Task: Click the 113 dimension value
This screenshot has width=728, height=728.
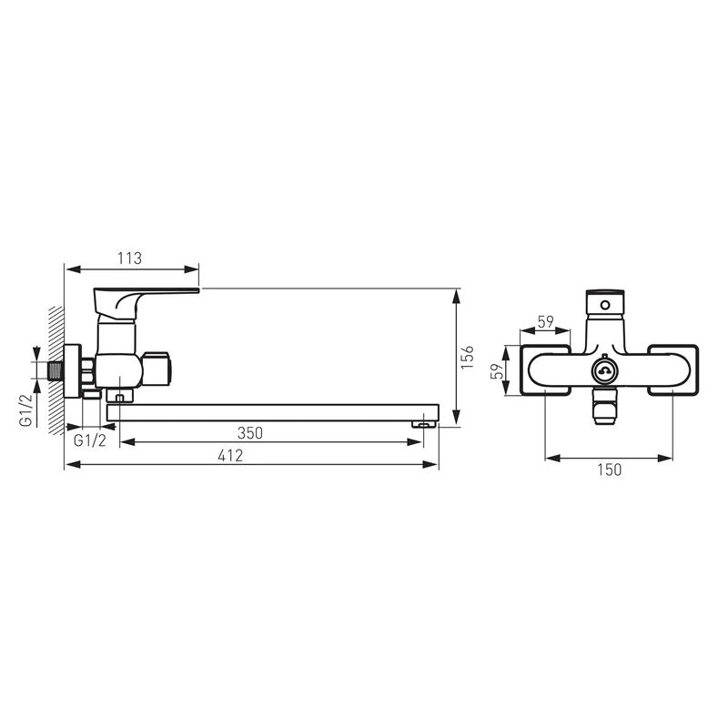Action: (129, 258)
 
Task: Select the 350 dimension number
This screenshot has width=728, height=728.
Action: (249, 433)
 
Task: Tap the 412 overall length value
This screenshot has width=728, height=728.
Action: (230, 456)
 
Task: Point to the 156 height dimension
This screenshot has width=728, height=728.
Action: (468, 357)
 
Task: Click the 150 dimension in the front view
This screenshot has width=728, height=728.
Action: (609, 470)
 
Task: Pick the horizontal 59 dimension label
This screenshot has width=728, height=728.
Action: (545, 321)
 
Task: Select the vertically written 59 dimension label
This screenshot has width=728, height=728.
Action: (497, 371)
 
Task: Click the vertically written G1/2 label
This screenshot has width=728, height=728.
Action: (25, 410)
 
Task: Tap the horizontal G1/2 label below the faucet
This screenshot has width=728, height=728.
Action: (89, 440)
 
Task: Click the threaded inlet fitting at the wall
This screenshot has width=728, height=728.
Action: (56, 371)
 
